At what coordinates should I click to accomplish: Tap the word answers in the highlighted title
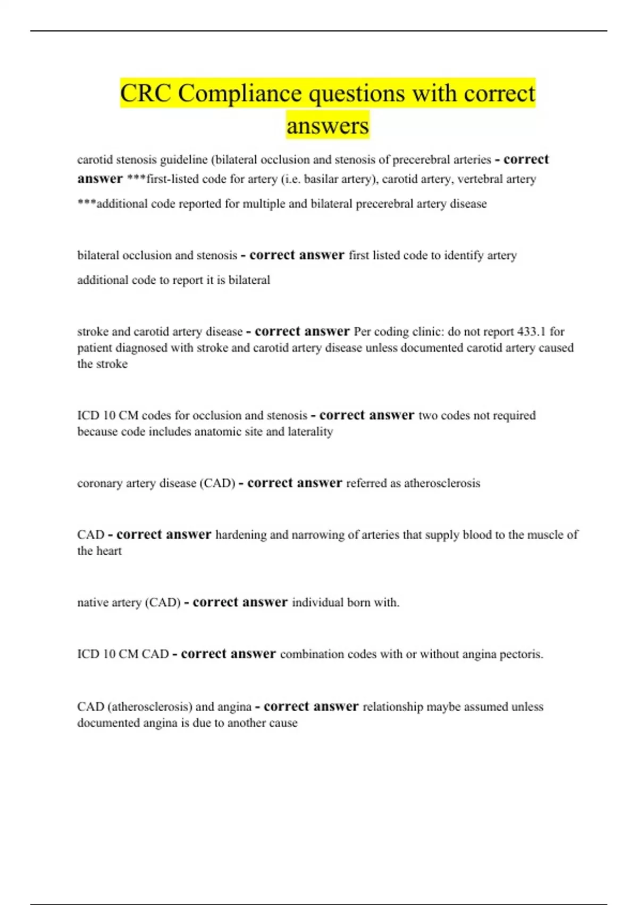(x=328, y=126)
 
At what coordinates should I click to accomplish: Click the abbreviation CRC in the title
(x=145, y=94)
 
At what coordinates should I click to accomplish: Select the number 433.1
(x=531, y=332)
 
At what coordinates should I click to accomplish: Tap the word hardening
(x=241, y=535)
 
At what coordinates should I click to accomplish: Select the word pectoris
(x=522, y=654)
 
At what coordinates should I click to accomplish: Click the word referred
(x=366, y=483)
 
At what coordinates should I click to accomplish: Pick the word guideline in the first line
(x=183, y=160)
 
